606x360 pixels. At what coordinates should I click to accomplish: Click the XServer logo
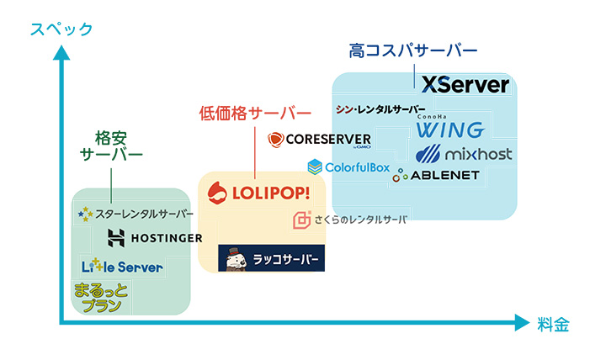pyautogui.click(x=465, y=84)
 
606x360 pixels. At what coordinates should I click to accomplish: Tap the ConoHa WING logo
pyautogui.click(x=449, y=128)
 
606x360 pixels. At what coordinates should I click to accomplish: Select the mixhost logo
pyautogui.click(x=464, y=154)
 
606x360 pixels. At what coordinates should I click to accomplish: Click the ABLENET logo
pyautogui.click(x=435, y=175)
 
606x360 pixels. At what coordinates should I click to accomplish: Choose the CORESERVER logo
pyautogui.click(x=318, y=140)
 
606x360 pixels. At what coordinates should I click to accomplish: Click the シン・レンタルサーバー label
pyautogui.click(x=380, y=109)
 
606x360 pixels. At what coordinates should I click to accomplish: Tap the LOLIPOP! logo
pyautogui.click(x=258, y=193)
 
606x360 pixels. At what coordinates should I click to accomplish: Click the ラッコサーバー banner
pyautogui.click(x=269, y=258)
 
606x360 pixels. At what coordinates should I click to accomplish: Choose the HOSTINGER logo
pyautogui.click(x=154, y=238)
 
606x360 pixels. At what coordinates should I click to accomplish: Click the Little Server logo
pyautogui.click(x=121, y=267)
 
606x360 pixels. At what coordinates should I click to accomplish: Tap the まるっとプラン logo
pyautogui.click(x=98, y=297)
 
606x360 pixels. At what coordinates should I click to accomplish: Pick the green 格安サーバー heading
pyautogui.click(x=111, y=145)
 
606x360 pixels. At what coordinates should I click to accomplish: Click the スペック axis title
pyautogui.click(x=61, y=29)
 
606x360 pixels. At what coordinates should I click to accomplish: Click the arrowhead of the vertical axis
pyautogui.click(x=61, y=52)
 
